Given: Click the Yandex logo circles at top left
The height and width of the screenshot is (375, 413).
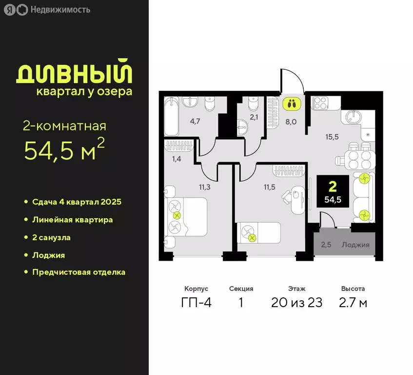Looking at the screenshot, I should [x=15, y=10].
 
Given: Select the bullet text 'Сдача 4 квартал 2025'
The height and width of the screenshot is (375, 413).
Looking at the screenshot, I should [x=77, y=202].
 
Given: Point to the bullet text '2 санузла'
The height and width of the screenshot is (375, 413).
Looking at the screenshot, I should [x=51, y=237].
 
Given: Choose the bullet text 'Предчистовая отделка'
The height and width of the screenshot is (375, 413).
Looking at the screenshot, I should [x=79, y=272].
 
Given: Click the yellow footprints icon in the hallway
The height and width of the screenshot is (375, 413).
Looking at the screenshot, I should [x=292, y=104].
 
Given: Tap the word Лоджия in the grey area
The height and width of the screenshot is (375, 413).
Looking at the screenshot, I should [x=355, y=245].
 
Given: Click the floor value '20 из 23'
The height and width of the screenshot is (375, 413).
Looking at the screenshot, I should [x=297, y=303].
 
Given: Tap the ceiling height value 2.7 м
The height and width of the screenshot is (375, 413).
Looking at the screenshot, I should [x=354, y=303].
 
